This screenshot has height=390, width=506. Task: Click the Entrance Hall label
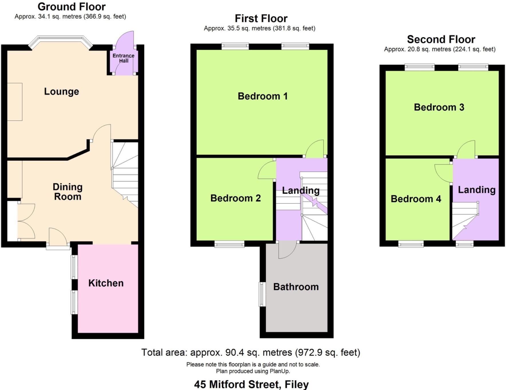(123, 58)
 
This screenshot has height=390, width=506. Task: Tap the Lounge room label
(62, 91)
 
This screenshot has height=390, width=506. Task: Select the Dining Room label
(68, 192)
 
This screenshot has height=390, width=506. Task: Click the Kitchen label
(106, 283)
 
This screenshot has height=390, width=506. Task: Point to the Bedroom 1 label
(262, 96)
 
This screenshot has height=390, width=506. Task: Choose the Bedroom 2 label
(235, 198)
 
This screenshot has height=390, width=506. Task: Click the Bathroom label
(296, 287)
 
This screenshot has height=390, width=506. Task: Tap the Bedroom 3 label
(439, 107)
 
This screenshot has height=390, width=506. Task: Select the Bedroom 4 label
(416, 199)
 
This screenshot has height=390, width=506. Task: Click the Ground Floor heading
(72, 7)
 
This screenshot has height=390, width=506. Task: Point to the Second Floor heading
(441, 39)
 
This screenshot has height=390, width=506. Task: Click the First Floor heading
(261, 19)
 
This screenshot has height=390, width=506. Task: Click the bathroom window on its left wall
(262, 294)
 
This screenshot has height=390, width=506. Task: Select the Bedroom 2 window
(229, 244)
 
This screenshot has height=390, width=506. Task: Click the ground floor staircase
(125, 172)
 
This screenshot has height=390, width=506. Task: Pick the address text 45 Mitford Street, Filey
(251, 384)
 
